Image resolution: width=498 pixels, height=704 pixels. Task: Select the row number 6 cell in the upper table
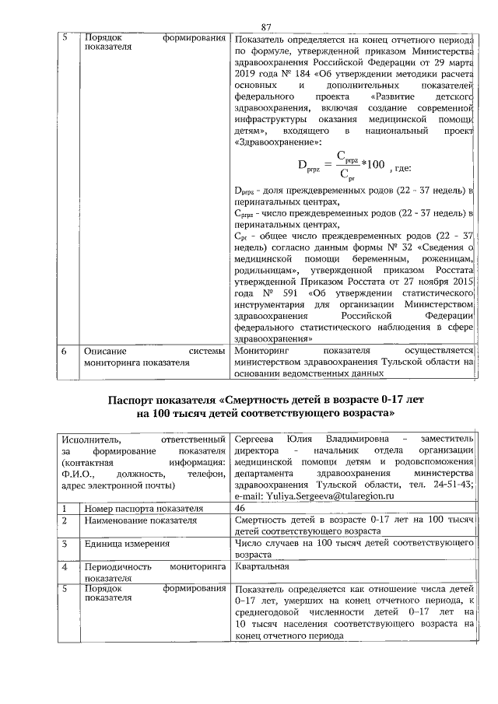[x=65, y=351]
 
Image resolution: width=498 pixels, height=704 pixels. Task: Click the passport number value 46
[x=240, y=507]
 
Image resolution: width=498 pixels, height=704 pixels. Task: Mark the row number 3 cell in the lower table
[x=65, y=545]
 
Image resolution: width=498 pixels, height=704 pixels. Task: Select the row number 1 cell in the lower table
[x=65, y=507]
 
